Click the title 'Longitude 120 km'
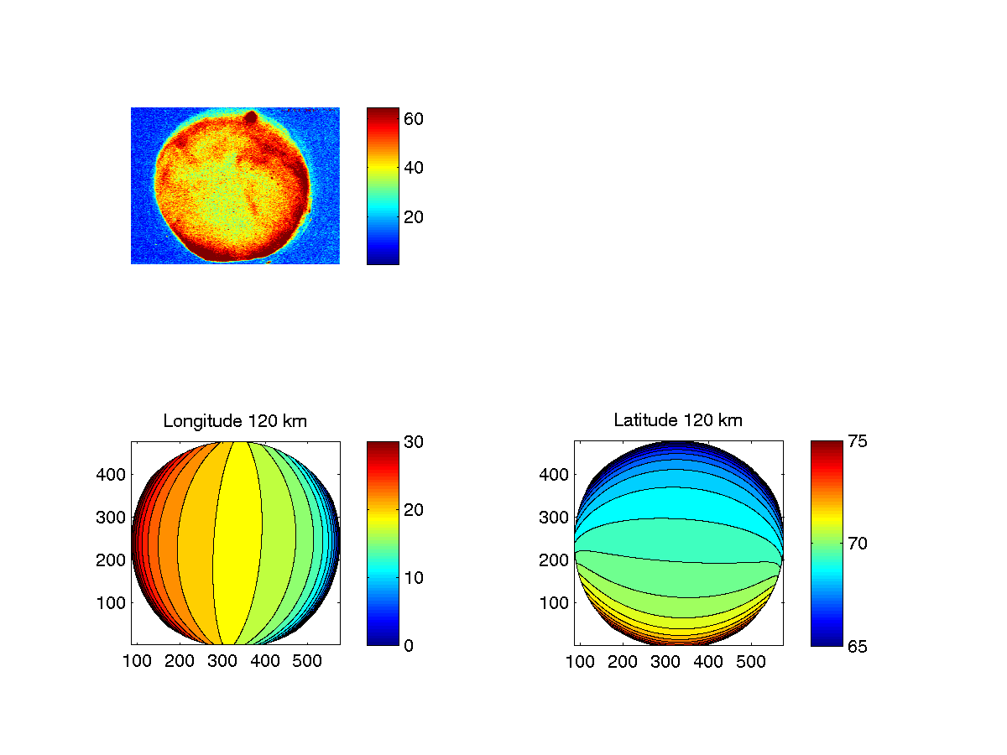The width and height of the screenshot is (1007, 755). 235,421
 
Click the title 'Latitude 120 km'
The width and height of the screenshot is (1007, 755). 678,421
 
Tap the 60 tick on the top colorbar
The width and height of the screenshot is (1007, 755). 414,119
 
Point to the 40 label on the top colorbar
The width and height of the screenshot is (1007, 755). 414,168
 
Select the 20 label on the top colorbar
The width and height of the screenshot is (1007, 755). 414,217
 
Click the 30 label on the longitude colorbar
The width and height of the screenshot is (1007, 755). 414,441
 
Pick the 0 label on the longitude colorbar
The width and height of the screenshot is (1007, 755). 409,645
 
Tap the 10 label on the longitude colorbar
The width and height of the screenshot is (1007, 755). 414,577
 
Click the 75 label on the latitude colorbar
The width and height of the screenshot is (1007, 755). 857,441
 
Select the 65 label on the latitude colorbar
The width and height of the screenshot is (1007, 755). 857,645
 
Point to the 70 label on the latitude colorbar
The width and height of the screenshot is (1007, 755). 857,544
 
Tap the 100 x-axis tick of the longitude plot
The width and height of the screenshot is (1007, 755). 137,662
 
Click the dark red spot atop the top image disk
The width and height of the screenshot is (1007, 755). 250,117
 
